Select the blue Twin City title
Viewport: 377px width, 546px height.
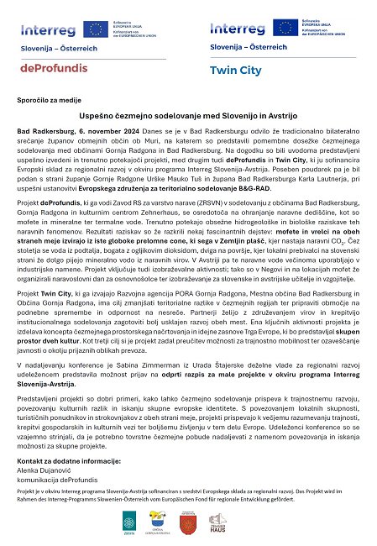click(x=235, y=71)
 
